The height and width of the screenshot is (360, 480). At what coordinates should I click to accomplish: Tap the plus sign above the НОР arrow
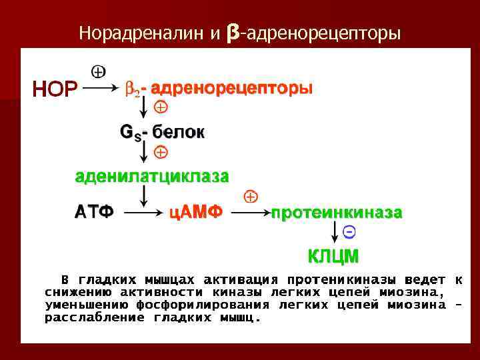click(97, 71)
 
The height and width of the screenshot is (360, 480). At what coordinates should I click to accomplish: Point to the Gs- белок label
click(162, 132)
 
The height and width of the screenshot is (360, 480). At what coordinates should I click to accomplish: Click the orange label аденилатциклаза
click(151, 176)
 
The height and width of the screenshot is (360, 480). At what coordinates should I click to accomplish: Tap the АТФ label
click(93, 212)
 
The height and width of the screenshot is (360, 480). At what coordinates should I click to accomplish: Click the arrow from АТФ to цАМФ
click(143, 213)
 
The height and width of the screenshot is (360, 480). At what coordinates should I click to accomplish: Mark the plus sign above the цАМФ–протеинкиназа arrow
click(251, 197)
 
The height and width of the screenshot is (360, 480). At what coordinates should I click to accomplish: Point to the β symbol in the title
click(233, 31)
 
